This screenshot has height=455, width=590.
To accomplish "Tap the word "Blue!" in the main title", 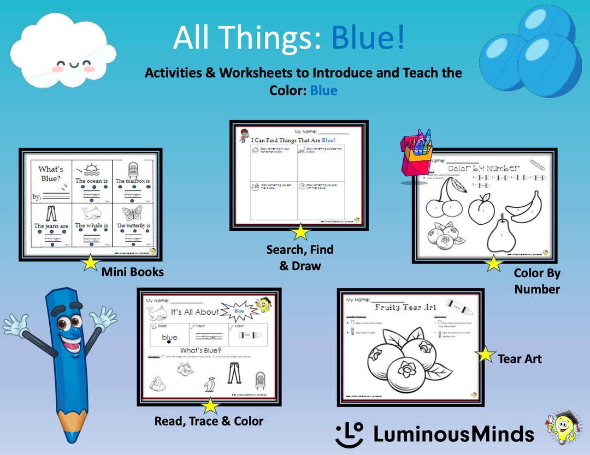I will coord(368,38).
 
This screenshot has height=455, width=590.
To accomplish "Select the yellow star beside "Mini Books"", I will coord(90,264).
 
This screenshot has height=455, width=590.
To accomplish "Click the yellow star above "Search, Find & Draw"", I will coord(300,232).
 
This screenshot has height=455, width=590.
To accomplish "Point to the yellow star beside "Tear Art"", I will coord(485,355).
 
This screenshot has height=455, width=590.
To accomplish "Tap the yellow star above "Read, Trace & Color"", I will coord(210,406).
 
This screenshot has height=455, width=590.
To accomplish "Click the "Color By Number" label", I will coord(537,281).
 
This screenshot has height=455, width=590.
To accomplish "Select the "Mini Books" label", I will coord(132,272).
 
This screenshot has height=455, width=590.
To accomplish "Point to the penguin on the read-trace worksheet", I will coord(210,385).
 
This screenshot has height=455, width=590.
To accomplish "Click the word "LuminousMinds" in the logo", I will coord(453,434).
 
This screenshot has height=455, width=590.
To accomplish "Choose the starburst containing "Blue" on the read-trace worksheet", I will coord(239,312).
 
